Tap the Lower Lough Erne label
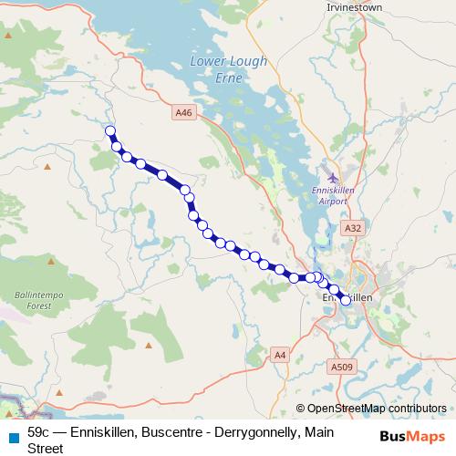[x=217, y=68]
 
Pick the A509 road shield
[x=341, y=367]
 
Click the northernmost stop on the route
[x=110, y=131]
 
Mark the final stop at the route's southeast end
[x=346, y=300]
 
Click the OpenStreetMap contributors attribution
[x=377, y=409]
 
